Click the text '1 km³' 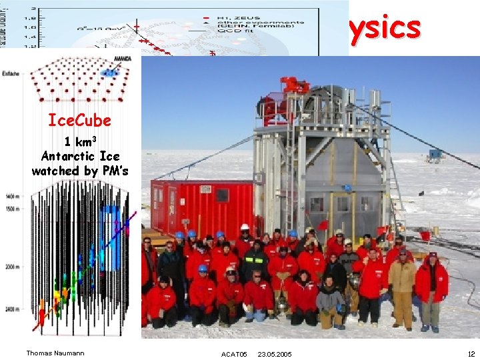click(81, 141)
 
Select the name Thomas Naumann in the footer click(55, 353)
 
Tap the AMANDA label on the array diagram click(123, 59)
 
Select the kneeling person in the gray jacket click(330, 303)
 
